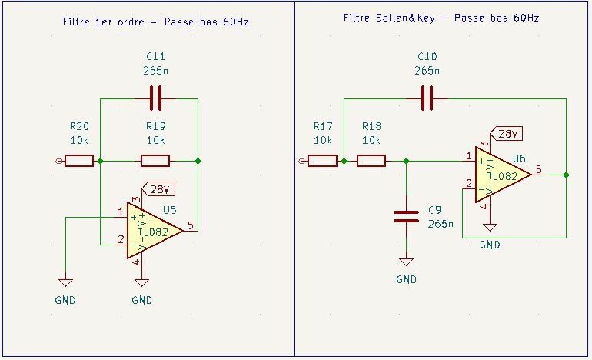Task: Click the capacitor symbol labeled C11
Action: [x=155, y=98]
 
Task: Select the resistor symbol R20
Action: [x=78, y=161]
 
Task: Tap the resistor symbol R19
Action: [x=155, y=161]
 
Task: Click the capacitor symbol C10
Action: [x=427, y=98]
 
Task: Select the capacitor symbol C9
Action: [x=407, y=215]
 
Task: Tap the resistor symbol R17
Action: [x=322, y=160]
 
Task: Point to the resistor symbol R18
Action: [x=371, y=160]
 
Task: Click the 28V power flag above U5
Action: [x=157, y=189]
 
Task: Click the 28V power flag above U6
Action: [x=505, y=134]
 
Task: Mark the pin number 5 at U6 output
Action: [x=538, y=168]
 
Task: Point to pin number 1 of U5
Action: [x=121, y=212]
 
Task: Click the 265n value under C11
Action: [x=155, y=70]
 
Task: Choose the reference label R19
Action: [x=155, y=126]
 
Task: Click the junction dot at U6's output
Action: [x=567, y=175]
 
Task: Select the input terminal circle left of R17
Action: [x=302, y=160]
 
